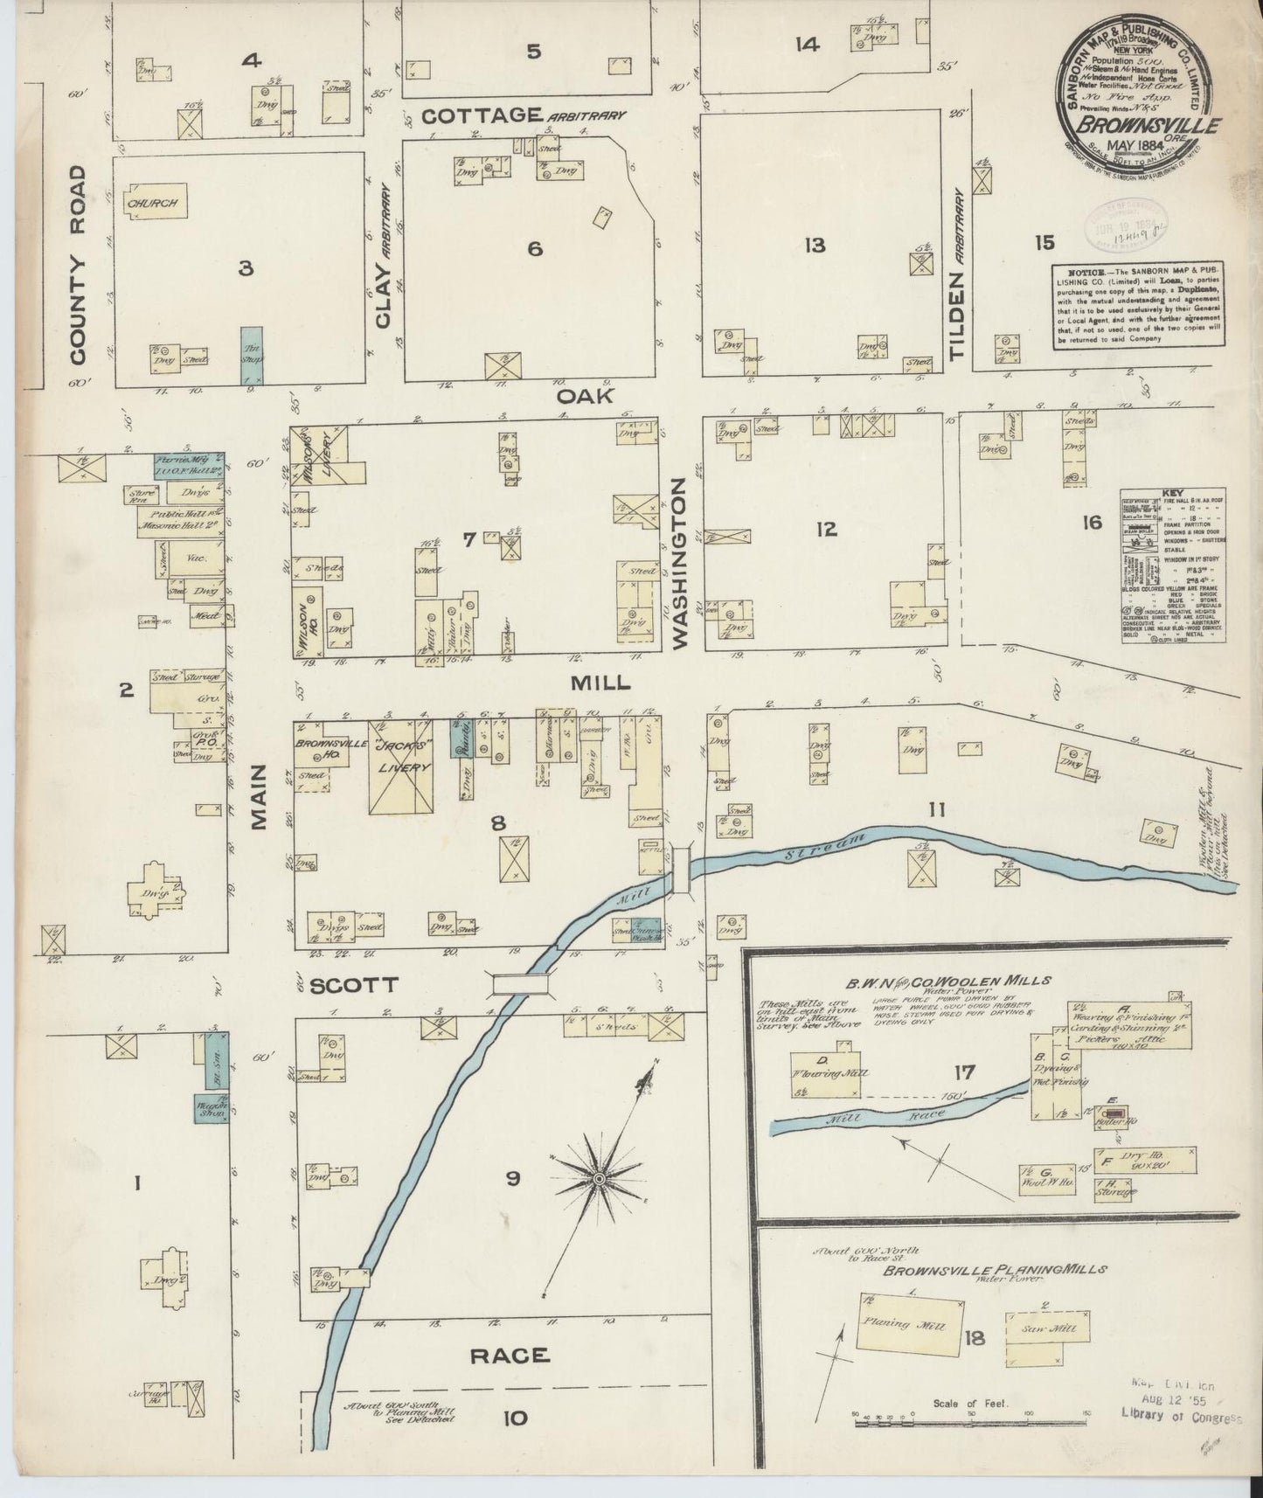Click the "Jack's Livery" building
point(401,766)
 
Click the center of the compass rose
point(600,1179)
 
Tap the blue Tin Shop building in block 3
point(251,355)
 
